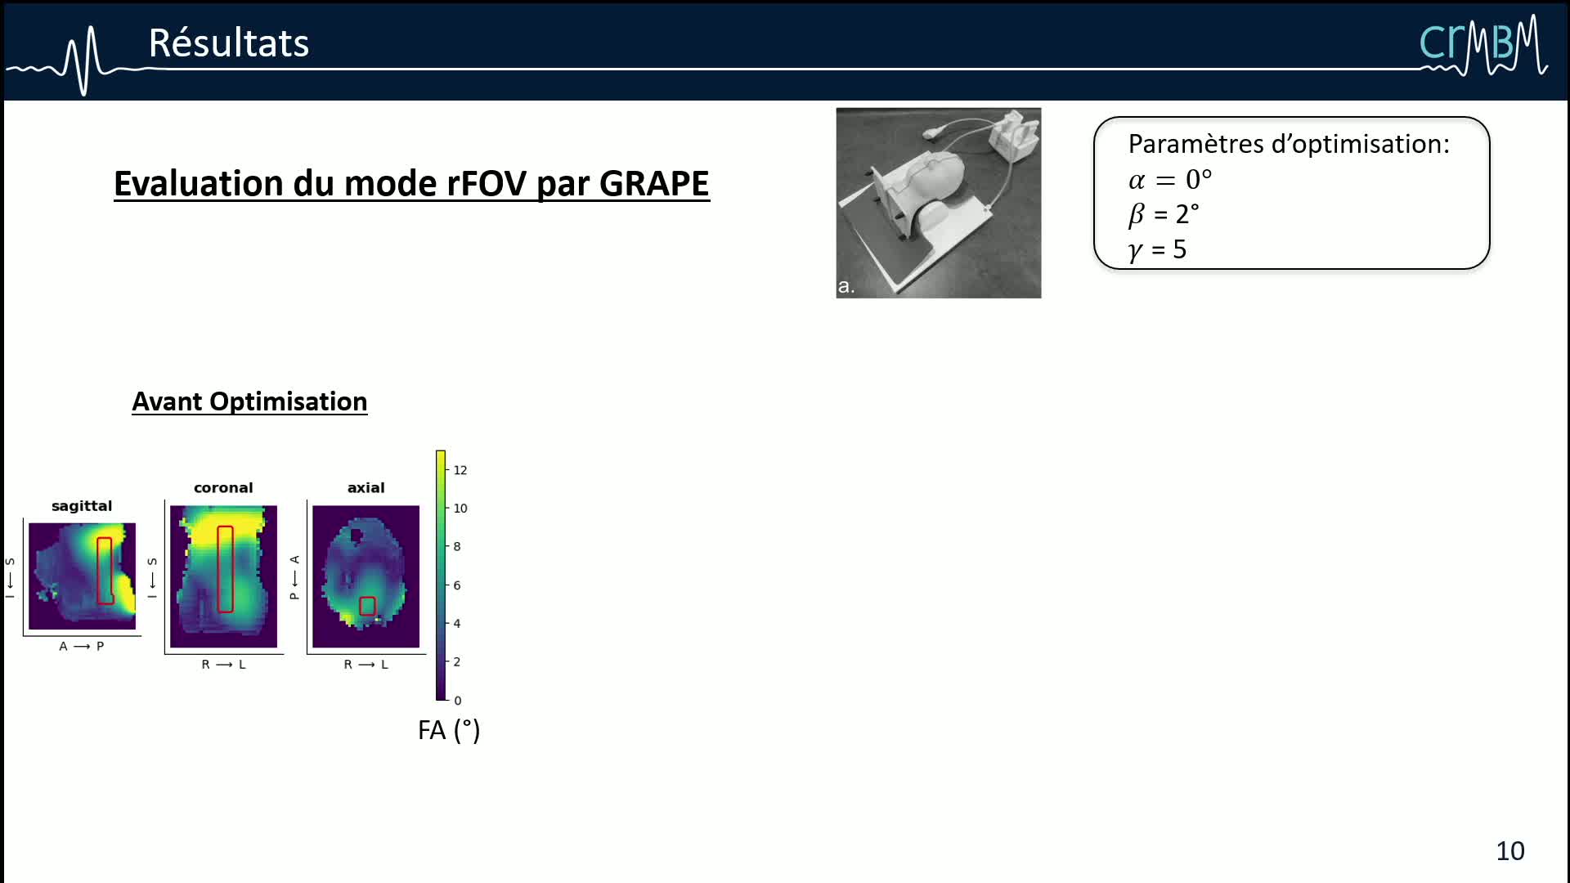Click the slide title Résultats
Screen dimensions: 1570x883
[x=229, y=43]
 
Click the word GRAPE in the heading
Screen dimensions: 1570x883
[x=654, y=184]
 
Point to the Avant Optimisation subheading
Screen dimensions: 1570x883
[x=249, y=401]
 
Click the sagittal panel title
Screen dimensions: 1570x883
[x=82, y=506]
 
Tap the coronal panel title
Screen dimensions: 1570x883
[x=223, y=488]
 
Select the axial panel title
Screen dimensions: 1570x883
[x=366, y=488]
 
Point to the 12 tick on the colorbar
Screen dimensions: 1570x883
[x=460, y=470]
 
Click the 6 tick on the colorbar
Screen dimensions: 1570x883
[x=457, y=585]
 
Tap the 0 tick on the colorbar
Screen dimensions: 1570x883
[x=458, y=701]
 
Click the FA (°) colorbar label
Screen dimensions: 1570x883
[x=449, y=730]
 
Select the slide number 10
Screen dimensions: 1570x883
[x=1510, y=851]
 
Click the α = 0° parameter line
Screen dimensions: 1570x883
[x=1170, y=179]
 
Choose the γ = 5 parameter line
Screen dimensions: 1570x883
[x=1157, y=249]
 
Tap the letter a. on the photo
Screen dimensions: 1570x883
[x=846, y=286]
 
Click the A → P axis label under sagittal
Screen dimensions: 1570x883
[x=82, y=647]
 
